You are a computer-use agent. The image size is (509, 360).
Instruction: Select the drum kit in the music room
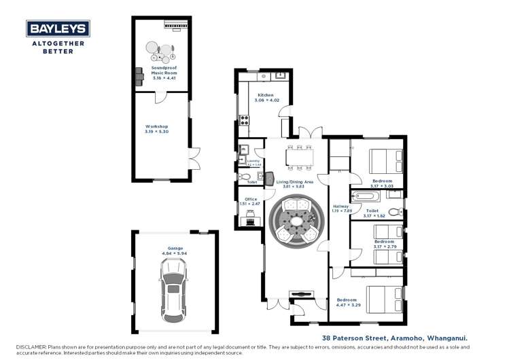(160, 52)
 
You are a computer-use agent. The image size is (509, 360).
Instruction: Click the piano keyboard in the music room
(175, 25)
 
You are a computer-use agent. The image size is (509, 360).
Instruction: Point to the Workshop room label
(156, 126)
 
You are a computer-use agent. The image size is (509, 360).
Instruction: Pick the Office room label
(251, 199)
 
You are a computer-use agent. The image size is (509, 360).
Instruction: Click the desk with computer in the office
(249, 219)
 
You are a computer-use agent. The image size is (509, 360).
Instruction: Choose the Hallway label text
(340, 206)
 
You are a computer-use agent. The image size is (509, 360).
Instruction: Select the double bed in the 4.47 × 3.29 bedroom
(386, 299)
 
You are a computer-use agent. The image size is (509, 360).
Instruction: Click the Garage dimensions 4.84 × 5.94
(175, 253)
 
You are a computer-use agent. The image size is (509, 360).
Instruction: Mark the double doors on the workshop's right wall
(193, 159)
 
